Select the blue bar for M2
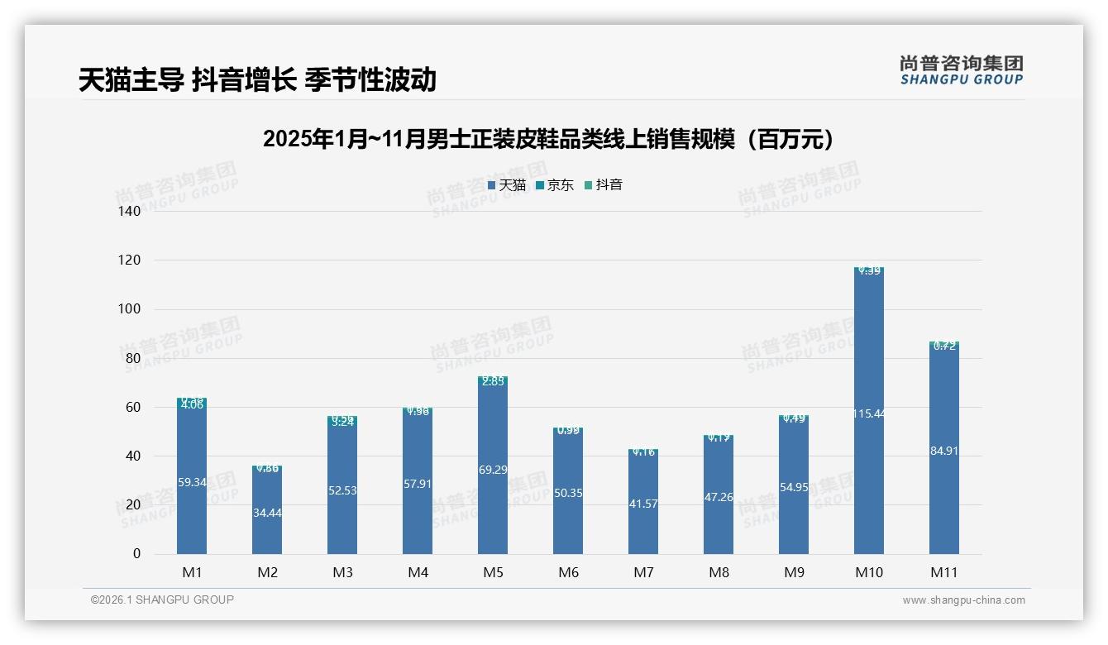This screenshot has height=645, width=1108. pyautogui.click(x=267, y=513)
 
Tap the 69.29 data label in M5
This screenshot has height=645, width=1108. pyautogui.click(x=493, y=470)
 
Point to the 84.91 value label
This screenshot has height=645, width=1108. pyautogui.click(x=944, y=451)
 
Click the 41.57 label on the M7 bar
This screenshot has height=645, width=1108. pyautogui.click(x=643, y=504)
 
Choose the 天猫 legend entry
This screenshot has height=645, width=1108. pyautogui.click(x=507, y=185)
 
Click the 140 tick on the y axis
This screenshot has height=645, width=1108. pyautogui.click(x=131, y=211)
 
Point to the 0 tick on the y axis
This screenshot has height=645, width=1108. pyautogui.click(x=136, y=554)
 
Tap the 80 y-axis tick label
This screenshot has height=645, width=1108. pyautogui.click(x=133, y=358)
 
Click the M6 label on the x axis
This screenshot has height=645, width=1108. pyautogui.click(x=568, y=572)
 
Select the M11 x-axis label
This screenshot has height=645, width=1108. pyautogui.click(x=943, y=572)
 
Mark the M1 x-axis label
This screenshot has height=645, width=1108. pyautogui.click(x=192, y=572)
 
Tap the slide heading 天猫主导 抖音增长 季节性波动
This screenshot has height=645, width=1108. pyautogui.click(x=257, y=79)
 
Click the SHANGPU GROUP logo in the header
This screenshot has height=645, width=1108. pyautogui.click(x=961, y=70)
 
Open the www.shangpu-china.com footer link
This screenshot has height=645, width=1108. pyautogui.click(x=963, y=600)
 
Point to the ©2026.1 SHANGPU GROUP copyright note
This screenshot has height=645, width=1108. pyautogui.click(x=162, y=600)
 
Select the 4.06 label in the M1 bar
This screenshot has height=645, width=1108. pyautogui.click(x=192, y=405)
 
